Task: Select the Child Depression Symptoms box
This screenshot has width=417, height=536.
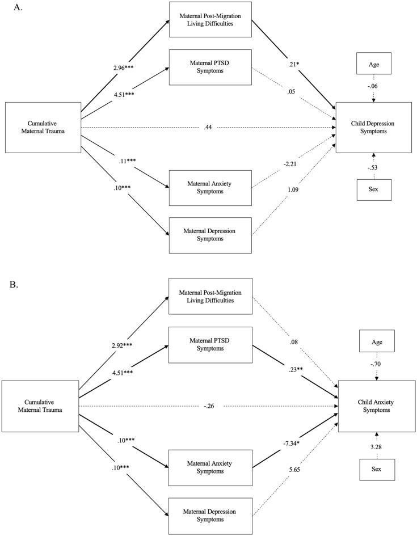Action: point(373,128)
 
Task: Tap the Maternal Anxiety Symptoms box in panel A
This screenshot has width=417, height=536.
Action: point(210,189)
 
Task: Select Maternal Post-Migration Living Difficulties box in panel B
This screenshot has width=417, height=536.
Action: point(210,296)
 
